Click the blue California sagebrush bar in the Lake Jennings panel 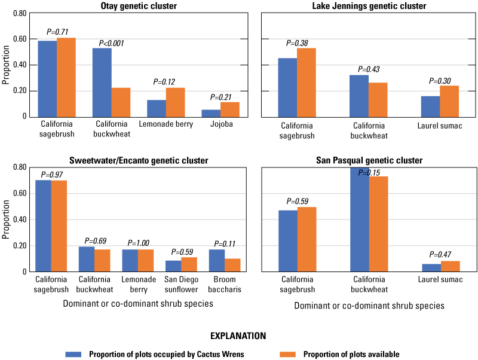287,87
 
